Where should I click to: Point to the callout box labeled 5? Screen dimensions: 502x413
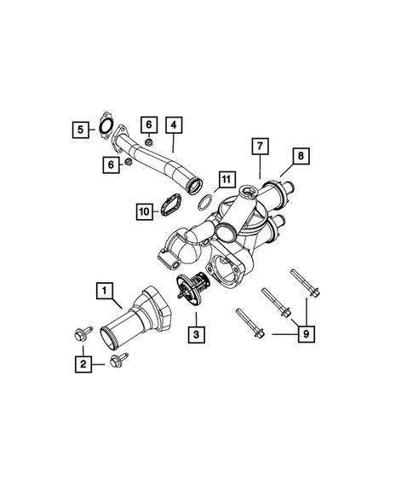point(80,130)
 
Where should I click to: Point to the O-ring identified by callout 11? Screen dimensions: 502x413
point(205,202)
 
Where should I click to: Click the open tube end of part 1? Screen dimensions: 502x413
point(113,334)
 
